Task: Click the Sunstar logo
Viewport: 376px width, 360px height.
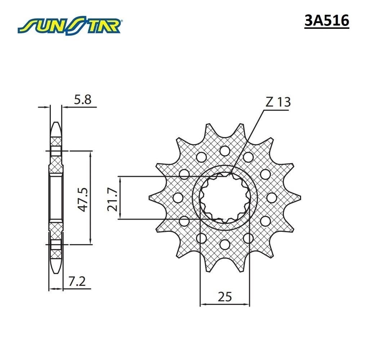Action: [x=71, y=25]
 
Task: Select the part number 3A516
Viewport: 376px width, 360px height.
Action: [x=327, y=21]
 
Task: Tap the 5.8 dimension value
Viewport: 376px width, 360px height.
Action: [x=83, y=100]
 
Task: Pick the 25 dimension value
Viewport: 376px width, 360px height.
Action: [x=225, y=297]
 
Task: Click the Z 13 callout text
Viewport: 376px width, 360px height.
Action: [x=278, y=102]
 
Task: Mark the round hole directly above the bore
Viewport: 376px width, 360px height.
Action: [x=225, y=150]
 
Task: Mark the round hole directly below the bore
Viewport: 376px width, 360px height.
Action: [x=225, y=244]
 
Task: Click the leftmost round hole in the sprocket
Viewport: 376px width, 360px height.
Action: [x=178, y=197]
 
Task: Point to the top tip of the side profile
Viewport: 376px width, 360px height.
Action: [x=56, y=123]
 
